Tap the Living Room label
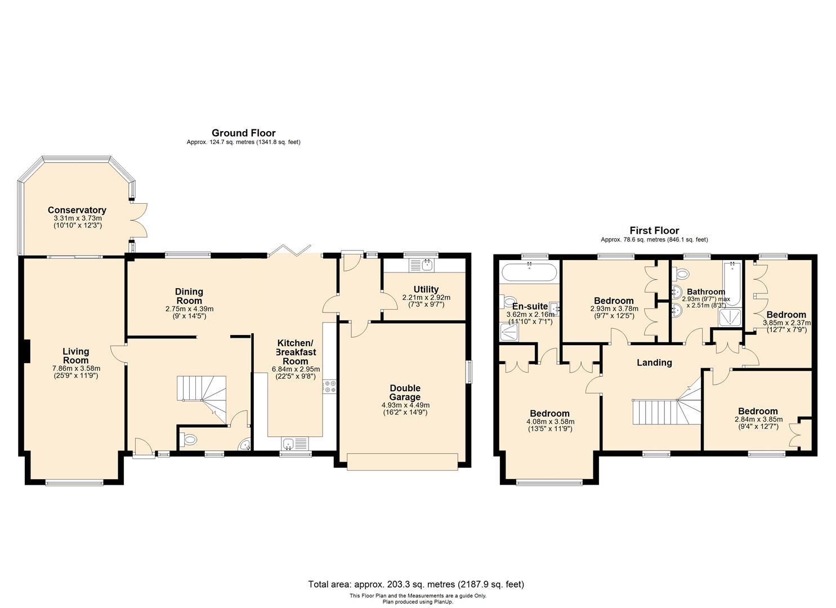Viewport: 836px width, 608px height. coord(75,356)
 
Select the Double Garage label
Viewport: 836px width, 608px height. coord(405,392)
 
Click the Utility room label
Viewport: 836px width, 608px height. coord(426,289)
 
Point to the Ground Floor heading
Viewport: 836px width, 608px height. coord(243,133)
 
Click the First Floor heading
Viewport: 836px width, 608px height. coord(654,230)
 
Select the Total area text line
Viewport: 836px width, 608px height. coord(415,584)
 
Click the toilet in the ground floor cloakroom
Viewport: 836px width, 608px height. coord(190,440)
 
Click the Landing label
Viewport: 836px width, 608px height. coord(654,363)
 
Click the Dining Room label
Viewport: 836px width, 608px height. coord(189,296)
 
